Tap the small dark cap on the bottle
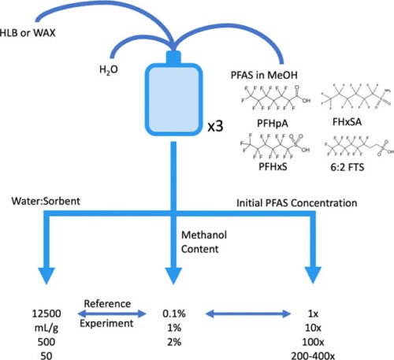[x=175, y=60]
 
